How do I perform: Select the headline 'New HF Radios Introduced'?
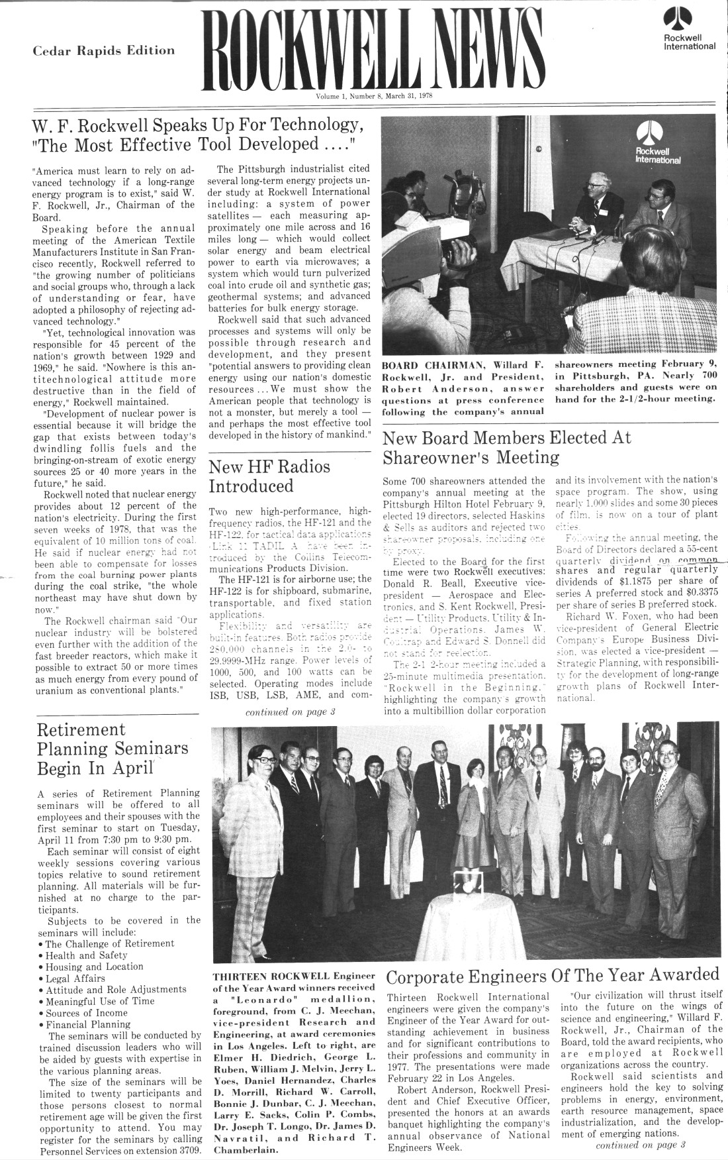269,476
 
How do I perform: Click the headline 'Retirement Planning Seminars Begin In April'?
113,749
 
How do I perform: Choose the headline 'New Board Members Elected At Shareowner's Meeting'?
507,448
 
